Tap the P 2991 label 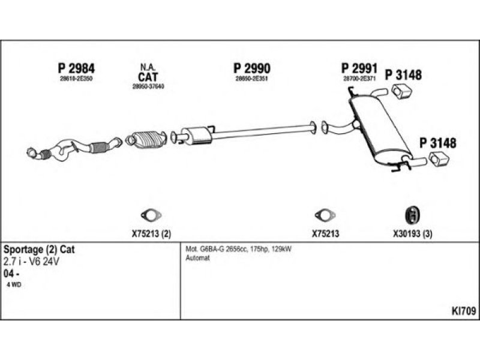359,67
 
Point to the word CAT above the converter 148,77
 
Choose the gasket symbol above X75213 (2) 148,215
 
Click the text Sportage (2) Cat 39,249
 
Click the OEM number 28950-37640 148,86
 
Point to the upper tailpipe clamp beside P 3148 400,92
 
